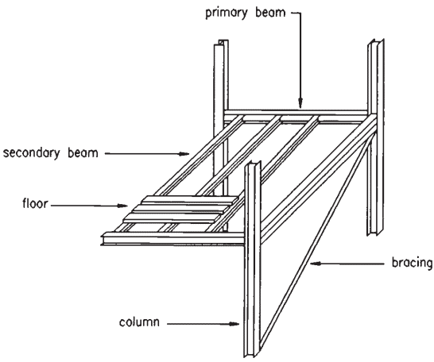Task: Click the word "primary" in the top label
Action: coord(226,13)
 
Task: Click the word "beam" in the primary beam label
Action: coord(270,13)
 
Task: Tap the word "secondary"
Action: coord(31,152)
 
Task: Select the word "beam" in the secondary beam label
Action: coord(83,152)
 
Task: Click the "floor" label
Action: coord(35,203)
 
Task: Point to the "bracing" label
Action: coord(412,263)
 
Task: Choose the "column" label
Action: coord(139,322)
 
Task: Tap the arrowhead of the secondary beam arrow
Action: coord(184,154)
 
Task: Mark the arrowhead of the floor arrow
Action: coord(122,206)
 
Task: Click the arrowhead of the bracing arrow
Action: coord(316,264)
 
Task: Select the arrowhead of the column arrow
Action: coord(234,324)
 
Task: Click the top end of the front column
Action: coord(253,164)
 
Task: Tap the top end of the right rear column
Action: coord(376,41)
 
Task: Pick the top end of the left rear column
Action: coord(221,42)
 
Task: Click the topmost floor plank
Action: coord(191,199)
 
